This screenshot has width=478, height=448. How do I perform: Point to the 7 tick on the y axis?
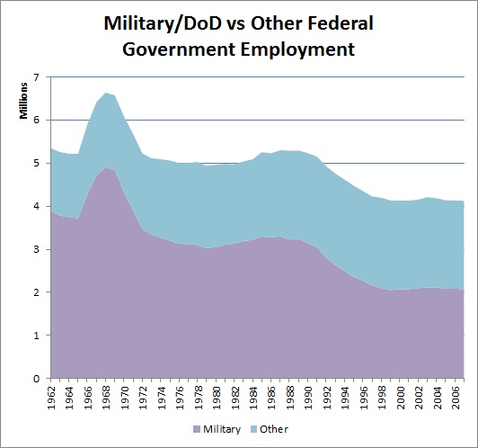[x=37, y=77]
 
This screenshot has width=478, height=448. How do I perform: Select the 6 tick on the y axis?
[x=37, y=121]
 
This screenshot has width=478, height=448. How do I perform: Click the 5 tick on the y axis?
[x=37, y=164]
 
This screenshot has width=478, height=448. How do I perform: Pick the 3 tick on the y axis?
[x=37, y=250]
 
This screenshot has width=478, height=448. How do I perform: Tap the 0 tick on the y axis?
[x=37, y=379]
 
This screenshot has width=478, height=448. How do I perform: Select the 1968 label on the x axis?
[x=104, y=396]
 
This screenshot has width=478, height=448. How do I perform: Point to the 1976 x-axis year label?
[x=179, y=396]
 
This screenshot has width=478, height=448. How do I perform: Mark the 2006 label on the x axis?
[x=458, y=396]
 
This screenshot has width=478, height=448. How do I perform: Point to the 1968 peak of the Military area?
[x=105, y=168]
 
